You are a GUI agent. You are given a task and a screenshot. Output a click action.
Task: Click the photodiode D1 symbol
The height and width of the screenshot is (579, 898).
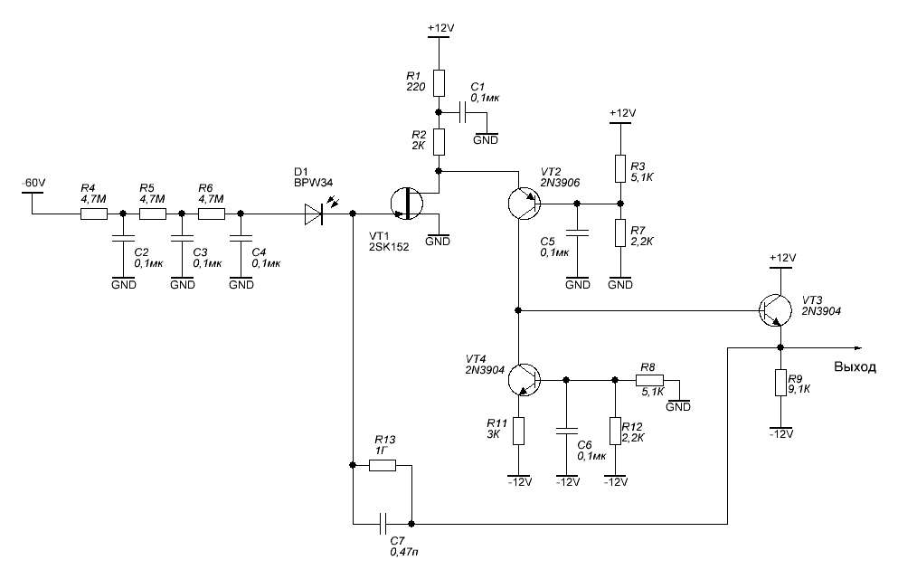314,214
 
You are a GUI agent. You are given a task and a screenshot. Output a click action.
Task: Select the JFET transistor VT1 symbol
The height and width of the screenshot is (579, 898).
407,204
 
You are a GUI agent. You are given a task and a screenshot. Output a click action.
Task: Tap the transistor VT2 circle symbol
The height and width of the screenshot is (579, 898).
524,204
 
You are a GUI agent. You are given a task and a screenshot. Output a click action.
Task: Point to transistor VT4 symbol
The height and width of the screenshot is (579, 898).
524,380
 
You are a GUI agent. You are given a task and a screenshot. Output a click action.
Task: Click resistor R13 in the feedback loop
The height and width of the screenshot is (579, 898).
383,466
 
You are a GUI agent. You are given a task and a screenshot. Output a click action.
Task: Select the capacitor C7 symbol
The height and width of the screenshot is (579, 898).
383,524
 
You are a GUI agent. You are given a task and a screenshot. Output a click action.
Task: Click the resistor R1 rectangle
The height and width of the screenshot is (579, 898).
439,83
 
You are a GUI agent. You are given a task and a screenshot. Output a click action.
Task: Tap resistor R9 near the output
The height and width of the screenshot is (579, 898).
780,383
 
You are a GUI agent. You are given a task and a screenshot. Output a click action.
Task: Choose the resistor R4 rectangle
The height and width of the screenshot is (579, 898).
93,214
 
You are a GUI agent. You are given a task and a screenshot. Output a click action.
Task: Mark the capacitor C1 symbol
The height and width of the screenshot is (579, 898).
463,113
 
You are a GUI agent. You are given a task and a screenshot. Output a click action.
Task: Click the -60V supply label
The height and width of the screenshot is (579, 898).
33,184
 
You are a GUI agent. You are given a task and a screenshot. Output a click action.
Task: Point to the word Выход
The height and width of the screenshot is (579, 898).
855,367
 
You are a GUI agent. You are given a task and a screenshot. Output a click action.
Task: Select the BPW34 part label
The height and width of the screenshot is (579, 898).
313,183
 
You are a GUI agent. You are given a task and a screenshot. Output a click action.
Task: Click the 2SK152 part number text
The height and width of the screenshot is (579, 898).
389,247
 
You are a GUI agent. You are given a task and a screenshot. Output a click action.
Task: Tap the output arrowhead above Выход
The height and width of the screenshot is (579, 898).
858,347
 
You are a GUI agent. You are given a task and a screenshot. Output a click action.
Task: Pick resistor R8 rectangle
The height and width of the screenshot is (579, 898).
650,380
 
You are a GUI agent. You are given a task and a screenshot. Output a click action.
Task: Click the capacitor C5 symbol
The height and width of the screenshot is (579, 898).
577,233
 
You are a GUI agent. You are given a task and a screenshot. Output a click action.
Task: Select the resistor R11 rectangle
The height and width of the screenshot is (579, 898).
518,432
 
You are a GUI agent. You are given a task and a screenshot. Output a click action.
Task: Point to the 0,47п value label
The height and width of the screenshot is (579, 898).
403,552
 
